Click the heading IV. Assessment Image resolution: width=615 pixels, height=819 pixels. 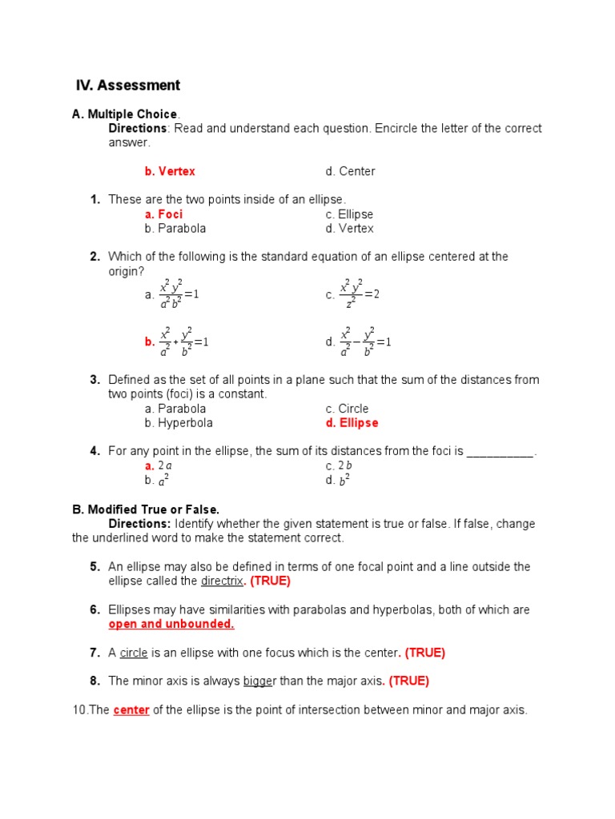[x=128, y=86]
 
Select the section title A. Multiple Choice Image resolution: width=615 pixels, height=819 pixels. [x=125, y=114]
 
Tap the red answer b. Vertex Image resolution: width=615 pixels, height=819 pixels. [x=170, y=171]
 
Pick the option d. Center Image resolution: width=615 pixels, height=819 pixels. [x=350, y=171]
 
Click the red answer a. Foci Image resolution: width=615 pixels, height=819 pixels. [x=163, y=214]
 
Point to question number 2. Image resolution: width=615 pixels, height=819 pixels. [x=94, y=257]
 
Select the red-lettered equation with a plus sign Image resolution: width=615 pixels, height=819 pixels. [x=177, y=342]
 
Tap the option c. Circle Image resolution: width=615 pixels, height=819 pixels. [x=347, y=409]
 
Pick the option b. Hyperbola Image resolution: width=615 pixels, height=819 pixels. [x=179, y=423]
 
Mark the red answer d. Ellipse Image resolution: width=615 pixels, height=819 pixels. [x=352, y=423]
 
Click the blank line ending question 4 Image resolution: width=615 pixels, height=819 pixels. [x=500, y=452]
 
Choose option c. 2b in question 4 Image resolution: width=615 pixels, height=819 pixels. [x=340, y=466]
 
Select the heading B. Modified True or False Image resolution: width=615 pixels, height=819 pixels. [x=146, y=509]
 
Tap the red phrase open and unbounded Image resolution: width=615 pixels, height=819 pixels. [x=171, y=625]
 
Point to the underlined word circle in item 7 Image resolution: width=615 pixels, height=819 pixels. [x=134, y=653]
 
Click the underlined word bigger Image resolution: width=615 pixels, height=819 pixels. [x=259, y=681]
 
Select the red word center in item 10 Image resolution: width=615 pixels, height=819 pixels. [x=131, y=710]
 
